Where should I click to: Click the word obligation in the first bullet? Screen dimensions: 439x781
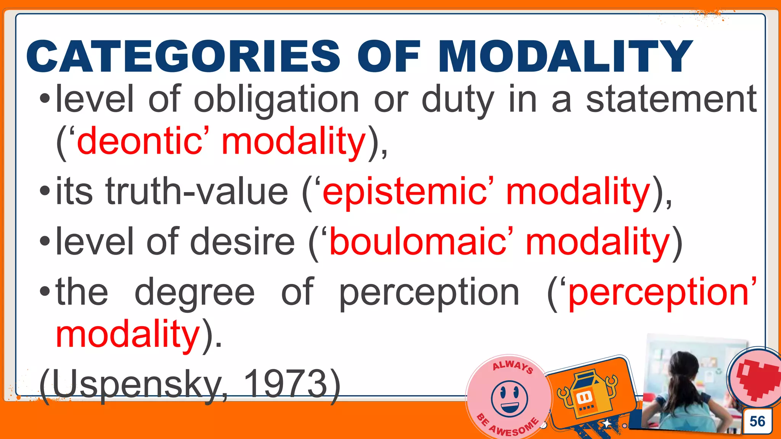point(276,100)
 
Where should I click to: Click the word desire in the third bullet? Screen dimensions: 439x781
point(242,242)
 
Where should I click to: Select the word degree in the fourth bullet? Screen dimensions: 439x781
point(194,293)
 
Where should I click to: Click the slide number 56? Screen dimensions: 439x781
point(757,421)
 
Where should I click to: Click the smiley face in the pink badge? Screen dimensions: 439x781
point(509,399)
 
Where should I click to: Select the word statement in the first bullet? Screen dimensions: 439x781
point(671,100)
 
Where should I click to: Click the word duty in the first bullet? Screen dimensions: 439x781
point(458,100)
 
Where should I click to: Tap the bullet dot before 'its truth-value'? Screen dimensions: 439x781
point(45,191)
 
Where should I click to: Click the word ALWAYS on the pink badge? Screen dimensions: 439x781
point(513,366)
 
